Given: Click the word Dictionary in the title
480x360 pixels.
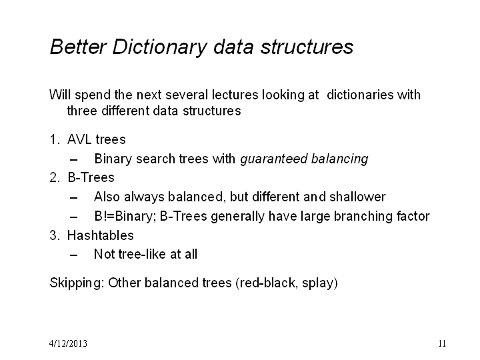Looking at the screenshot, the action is (x=159, y=47).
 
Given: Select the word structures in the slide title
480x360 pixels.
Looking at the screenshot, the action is (x=307, y=47).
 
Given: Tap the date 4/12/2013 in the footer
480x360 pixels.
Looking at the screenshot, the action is (x=68, y=343).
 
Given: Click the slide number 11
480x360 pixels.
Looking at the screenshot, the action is (x=442, y=343).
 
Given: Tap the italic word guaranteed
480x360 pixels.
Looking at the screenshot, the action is (x=274, y=159).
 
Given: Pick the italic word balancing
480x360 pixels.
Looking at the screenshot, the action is (x=340, y=159).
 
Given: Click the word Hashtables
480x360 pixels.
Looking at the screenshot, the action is (x=101, y=235).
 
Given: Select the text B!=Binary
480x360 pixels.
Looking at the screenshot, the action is (x=125, y=216).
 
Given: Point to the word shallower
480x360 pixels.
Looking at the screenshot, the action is (x=357, y=197).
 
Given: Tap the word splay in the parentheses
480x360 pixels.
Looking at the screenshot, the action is (x=317, y=283).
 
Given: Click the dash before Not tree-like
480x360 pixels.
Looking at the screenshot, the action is (x=73, y=255).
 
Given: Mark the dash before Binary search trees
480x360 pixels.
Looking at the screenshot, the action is (x=73, y=160).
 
